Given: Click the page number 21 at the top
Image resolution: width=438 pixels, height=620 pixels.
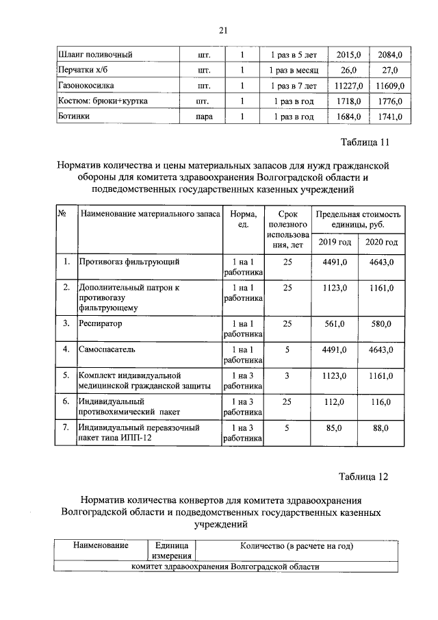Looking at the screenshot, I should point(222,29).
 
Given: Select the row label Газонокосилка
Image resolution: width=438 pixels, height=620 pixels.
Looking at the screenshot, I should point(86,86).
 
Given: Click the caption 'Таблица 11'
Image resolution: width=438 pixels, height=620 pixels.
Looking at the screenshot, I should point(365,142).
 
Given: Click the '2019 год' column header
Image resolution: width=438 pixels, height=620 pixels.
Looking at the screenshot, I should point(335,243).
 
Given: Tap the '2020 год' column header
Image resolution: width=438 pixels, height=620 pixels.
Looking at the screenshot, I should point(381,243).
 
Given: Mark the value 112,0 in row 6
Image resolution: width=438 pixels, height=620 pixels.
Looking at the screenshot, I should point(335,401).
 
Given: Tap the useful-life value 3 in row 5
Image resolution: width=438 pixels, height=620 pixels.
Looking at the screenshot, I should point(288,375).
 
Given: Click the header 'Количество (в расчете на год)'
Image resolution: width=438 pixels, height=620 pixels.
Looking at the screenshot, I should point(296,546).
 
